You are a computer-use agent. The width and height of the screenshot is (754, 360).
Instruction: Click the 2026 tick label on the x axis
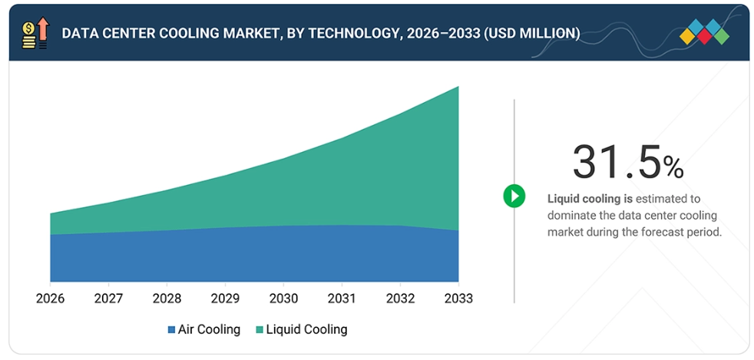pos(51,299)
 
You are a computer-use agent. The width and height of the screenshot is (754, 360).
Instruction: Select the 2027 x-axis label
pos(109,299)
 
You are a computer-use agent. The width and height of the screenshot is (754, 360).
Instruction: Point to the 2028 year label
pos(167,299)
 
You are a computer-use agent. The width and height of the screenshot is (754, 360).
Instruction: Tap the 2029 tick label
pos(226,299)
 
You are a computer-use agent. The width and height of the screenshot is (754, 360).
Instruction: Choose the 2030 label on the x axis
pos(284,299)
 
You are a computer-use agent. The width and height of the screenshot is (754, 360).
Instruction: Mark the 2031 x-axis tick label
pos(342,299)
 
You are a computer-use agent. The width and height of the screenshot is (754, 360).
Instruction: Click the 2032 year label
pos(401,299)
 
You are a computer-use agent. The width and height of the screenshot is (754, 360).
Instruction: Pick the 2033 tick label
pos(458,299)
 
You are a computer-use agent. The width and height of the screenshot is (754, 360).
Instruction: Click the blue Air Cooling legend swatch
pos(171,330)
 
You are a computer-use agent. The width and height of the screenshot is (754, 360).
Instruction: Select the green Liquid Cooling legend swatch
pos(260,330)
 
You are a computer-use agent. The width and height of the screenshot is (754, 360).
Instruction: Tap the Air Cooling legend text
pos(209,329)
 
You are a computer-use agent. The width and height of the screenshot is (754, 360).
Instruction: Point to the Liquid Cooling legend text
pos(307,329)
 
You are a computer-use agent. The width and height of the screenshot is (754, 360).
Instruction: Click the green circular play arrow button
pos(514,196)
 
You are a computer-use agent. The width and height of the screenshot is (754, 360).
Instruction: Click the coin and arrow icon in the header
pos(35,33)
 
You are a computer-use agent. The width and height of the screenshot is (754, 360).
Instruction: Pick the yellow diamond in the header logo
pos(688,36)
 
